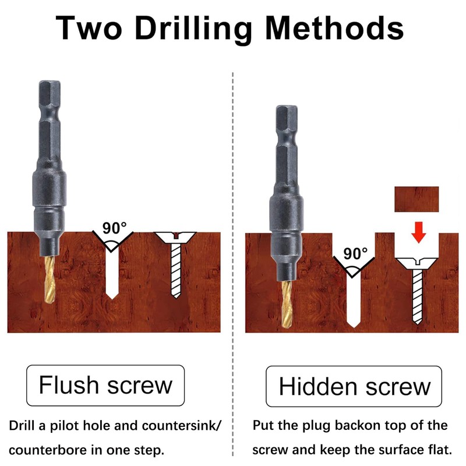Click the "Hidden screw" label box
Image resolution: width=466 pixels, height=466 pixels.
click(x=355, y=386)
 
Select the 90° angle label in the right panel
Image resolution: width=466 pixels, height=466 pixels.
click(x=355, y=253)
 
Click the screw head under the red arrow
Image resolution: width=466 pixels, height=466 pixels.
click(x=417, y=263)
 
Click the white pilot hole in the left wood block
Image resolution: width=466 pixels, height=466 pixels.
click(x=111, y=274)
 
